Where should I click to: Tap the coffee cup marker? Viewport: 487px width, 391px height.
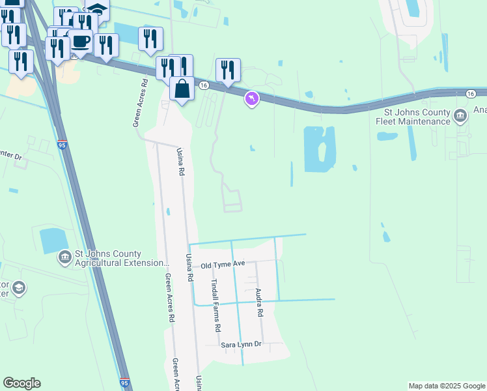coord(81,41)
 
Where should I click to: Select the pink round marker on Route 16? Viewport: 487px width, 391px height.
coord(251,99)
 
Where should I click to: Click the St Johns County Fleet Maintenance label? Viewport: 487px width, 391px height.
coord(417,117)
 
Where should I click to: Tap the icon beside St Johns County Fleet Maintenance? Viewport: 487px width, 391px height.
coord(460,117)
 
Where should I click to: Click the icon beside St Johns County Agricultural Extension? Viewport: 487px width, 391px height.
coord(64,258)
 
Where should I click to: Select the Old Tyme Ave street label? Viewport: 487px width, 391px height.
coord(222,265)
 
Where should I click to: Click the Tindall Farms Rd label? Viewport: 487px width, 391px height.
coord(216,306)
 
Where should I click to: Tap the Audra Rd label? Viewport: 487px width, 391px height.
coord(258,303)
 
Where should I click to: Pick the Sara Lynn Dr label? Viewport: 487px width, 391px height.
coord(240,343)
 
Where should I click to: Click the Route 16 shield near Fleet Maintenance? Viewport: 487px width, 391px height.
coord(470,94)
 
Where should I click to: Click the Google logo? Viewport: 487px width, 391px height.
coord(21,383)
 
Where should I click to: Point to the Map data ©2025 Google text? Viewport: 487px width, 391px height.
coord(447,386)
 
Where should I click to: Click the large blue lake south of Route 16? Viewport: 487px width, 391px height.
coord(320,149)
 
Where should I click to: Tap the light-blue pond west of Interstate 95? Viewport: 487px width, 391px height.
coord(53,240)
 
